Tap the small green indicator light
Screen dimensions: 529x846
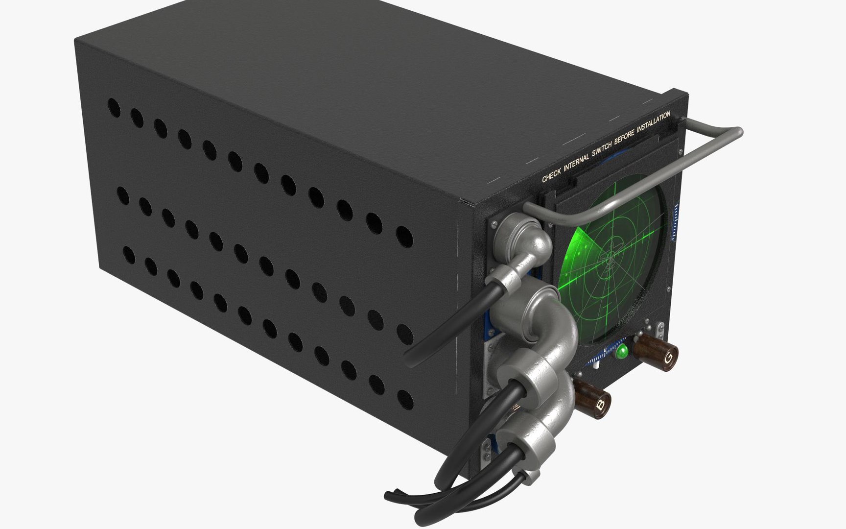[x=622, y=352]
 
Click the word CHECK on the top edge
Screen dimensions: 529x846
[x=551, y=176]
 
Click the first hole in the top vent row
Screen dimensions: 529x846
[x=114, y=108]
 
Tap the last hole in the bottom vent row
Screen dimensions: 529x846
[x=404, y=400]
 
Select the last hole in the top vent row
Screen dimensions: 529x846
[x=404, y=237]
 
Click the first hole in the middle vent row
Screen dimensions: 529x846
[x=122, y=195]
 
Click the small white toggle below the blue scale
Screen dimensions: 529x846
[x=596, y=364]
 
